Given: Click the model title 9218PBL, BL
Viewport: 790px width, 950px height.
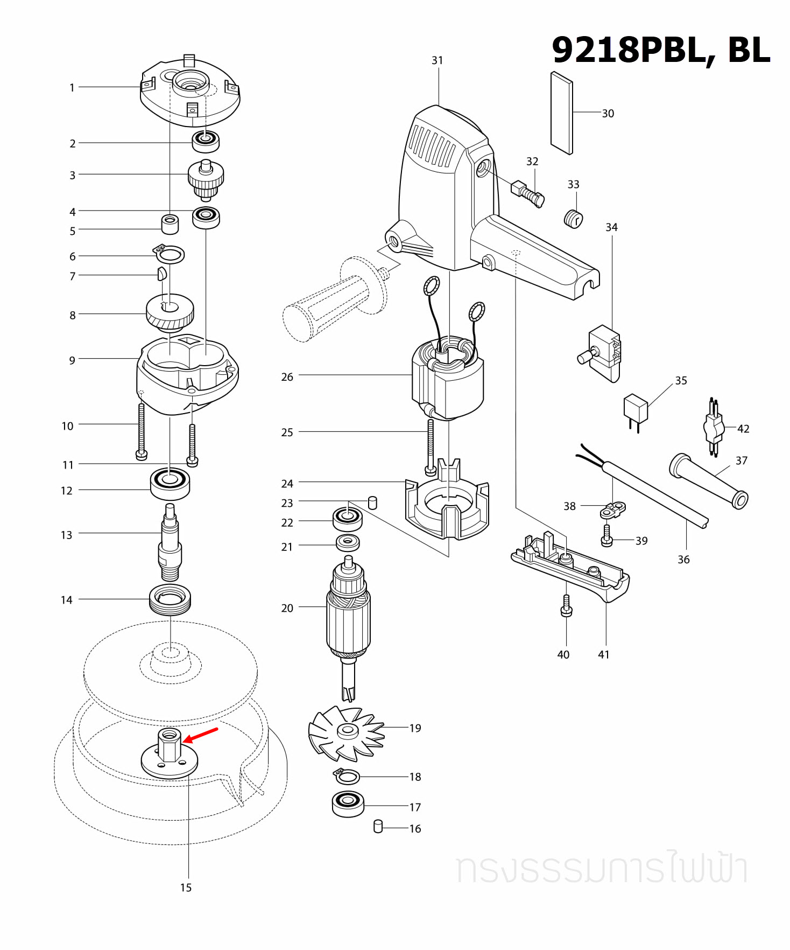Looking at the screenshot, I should [661, 50].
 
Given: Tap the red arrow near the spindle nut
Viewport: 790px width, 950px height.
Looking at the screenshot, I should [200, 736].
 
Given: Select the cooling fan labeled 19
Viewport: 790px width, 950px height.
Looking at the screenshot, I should [347, 733].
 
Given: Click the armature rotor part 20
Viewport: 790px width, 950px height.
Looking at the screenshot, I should [348, 619].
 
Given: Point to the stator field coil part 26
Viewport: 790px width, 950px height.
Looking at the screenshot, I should [448, 380].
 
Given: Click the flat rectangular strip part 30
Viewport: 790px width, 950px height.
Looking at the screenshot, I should [562, 113].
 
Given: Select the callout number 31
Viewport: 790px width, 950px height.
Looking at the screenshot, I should [438, 61].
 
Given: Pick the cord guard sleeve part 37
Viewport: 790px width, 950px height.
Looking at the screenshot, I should [708, 481].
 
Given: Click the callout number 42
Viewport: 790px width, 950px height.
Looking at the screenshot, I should [743, 429].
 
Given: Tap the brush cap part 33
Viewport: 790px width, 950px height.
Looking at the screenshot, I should [573, 219].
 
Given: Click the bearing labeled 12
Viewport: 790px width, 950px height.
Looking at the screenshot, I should [170, 484].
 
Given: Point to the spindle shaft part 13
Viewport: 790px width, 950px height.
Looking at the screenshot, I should [170, 544].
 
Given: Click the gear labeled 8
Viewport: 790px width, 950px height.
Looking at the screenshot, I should [170, 312].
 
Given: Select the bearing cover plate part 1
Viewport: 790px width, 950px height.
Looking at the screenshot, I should [189, 94].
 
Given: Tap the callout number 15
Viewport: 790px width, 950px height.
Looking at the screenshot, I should [186, 888].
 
